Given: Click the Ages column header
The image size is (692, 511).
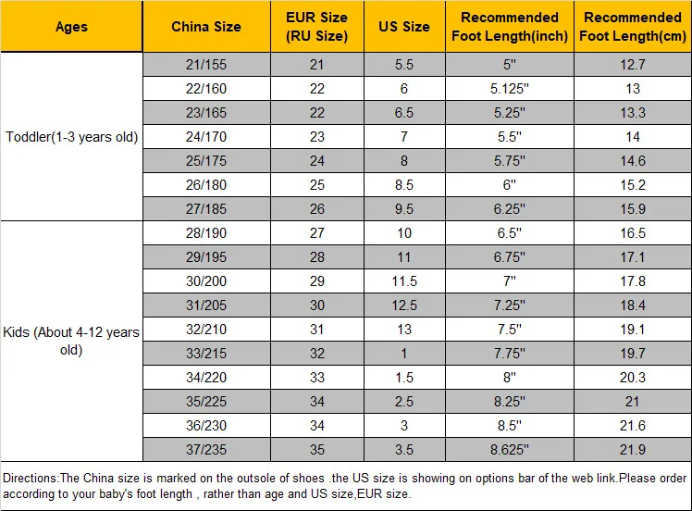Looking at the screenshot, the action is (x=71, y=27).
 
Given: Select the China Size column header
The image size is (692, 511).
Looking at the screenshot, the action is (x=206, y=27).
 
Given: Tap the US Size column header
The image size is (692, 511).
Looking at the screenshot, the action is (x=404, y=27).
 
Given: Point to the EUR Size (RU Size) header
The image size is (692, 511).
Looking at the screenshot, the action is (x=317, y=27).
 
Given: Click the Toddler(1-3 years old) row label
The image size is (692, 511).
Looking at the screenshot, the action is (x=71, y=137).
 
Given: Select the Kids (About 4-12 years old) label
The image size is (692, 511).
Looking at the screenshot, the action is (x=71, y=341).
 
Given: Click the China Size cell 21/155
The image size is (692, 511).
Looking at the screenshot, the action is (x=206, y=65).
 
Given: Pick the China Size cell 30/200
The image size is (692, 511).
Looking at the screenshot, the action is (x=206, y=280).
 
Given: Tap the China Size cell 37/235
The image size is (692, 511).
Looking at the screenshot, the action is (x=206, y=450).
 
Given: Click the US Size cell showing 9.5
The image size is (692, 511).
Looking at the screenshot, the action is (x=404, y=209).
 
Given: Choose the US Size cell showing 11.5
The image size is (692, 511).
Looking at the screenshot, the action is (x=404, y=280).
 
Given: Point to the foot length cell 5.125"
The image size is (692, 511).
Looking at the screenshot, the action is (x=510, y=88).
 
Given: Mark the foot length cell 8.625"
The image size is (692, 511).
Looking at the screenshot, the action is (x=510, y=450).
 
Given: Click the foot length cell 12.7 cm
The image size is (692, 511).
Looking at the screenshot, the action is (x=633, y=65).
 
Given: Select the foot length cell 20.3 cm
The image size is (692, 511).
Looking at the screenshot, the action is (x=633, y=377).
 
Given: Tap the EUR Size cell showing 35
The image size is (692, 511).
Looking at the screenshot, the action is (x=317, y=450).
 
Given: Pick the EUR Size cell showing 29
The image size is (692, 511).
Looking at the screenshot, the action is (x=317, y=280).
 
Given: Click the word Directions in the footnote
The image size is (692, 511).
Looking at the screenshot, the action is (x=30, y=478).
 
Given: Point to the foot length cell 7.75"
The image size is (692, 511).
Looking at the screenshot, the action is (x=510, y=354).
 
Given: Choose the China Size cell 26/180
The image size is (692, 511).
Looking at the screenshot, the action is (x=206, y=184).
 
